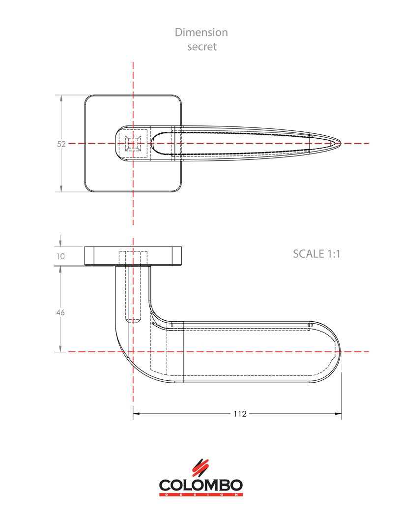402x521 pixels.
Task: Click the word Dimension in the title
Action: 201,32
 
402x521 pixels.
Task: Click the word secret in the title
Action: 201,47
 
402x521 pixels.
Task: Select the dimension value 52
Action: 61,144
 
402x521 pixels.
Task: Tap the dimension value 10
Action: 61,256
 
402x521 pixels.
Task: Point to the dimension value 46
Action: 61,312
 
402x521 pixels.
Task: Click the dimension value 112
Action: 239,414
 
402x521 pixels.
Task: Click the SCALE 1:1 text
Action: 316,254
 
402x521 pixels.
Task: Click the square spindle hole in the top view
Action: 133,143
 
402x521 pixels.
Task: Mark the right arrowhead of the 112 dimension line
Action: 339,414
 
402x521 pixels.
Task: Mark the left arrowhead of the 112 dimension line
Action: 136,414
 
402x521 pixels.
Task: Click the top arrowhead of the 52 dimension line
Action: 61,98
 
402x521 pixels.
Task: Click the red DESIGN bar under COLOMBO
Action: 201,494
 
